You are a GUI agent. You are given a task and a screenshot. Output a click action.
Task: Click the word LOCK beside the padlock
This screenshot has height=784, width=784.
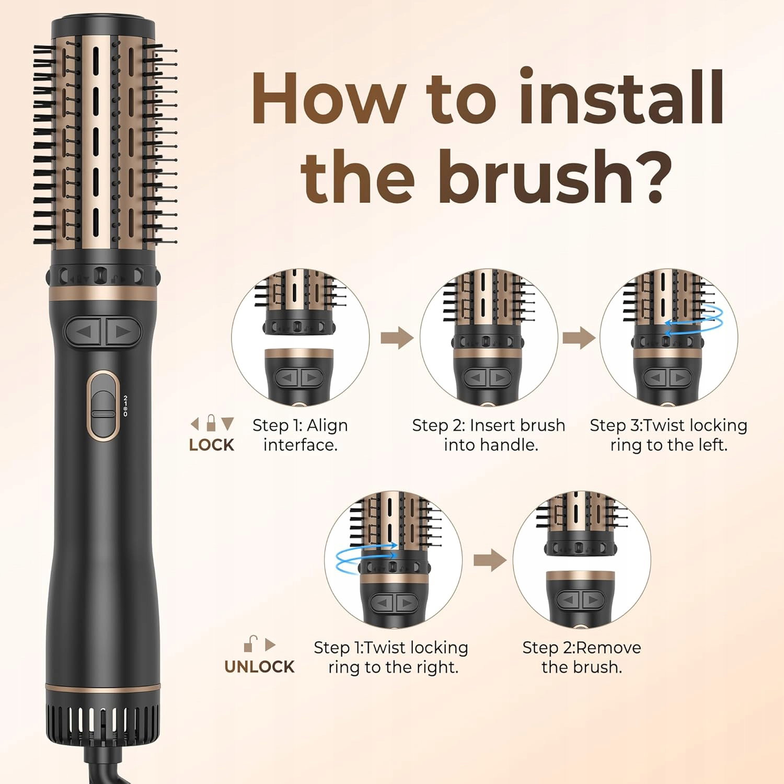coord(211,445)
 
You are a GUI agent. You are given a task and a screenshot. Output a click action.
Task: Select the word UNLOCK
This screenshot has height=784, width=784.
coord(259,666)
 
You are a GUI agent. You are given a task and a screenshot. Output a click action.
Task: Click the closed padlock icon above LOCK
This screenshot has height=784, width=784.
coord(211,423)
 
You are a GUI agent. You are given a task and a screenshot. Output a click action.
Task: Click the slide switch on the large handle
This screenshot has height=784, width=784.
coord(103,405)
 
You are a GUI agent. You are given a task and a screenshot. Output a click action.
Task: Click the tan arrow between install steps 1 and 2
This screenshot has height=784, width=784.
coord(397,338)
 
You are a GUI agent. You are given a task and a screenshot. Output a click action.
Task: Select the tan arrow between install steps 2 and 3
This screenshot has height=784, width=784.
coord(579,338)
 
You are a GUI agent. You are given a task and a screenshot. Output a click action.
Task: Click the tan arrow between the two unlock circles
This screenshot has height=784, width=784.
coord(490,560)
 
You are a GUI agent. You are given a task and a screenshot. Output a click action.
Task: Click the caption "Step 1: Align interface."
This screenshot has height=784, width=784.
coord(300,435)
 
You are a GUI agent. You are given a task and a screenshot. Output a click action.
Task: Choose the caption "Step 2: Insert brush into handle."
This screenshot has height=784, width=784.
coord(489,435)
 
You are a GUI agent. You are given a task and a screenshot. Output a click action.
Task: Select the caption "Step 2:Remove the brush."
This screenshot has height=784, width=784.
coord(582,657)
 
